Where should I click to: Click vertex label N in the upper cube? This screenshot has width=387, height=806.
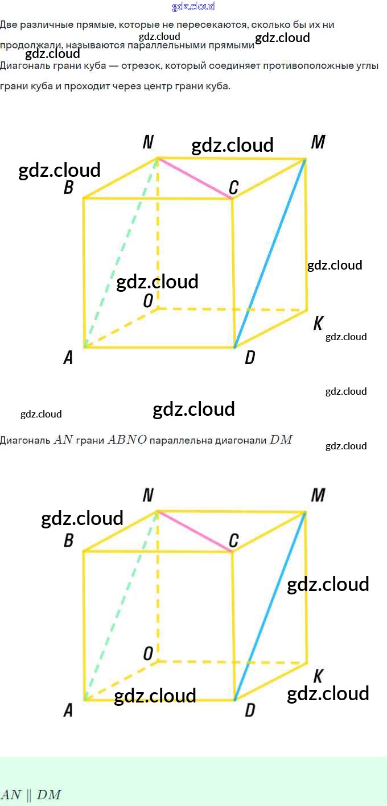[x=148, y=142]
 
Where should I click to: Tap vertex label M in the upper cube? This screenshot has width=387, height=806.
[x=318, y=142]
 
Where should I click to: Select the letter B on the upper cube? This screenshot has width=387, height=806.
[x=68, y=187]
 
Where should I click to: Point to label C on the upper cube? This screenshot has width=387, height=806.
[x=233, y=187]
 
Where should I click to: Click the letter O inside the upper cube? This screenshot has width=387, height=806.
[x=148, y=301]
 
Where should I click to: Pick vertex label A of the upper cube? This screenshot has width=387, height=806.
[x=68, y=358]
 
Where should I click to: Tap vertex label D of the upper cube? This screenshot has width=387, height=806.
[x=249, y=358]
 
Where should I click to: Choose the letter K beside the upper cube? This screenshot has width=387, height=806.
[x=318, y=324]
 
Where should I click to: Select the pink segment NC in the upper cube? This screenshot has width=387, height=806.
[x=195, y=178]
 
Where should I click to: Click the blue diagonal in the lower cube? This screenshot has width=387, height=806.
[x=270, y=606]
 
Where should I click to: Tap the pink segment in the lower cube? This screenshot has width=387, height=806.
[x=195, y=531]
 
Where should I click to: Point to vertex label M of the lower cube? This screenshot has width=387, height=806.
[x=318, y=495]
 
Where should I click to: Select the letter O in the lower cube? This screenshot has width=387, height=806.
[x=148, y=654]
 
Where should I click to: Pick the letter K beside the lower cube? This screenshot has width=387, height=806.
[x=318, y=676]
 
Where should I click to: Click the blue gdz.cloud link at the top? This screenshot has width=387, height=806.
[x=193, y=6]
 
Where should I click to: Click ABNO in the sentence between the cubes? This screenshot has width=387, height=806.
[x=124, y=440]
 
